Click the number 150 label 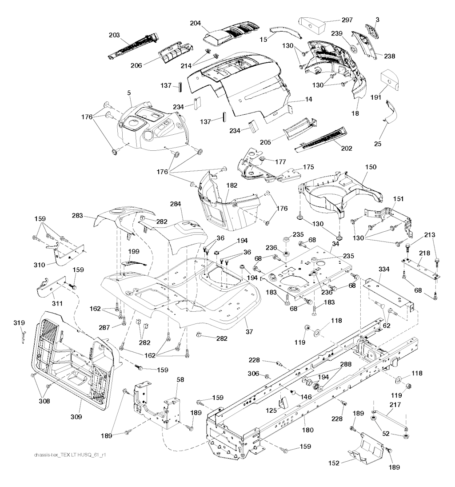coord(371,167)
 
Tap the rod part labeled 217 coord(390,421)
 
